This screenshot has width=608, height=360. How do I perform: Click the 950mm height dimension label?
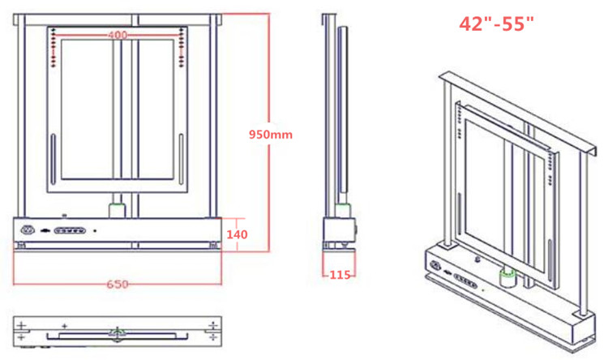[268, 135]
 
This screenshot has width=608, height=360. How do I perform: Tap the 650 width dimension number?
[118, 285]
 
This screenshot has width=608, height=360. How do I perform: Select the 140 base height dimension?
[236, 234]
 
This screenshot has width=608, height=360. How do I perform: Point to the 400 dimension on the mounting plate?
[118, 36]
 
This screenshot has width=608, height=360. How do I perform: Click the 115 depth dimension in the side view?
[339, 275]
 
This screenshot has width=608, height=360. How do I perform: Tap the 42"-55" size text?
[497, 24]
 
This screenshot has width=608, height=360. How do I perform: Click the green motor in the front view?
[118, 210]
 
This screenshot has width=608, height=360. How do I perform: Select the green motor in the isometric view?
[509, 278]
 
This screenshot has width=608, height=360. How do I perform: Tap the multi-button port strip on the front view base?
[69, 230]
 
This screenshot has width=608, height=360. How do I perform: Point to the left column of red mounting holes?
[54, 47]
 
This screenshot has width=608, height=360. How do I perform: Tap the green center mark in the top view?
[118, 331]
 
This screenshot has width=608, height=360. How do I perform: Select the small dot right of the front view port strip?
[96, 230]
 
